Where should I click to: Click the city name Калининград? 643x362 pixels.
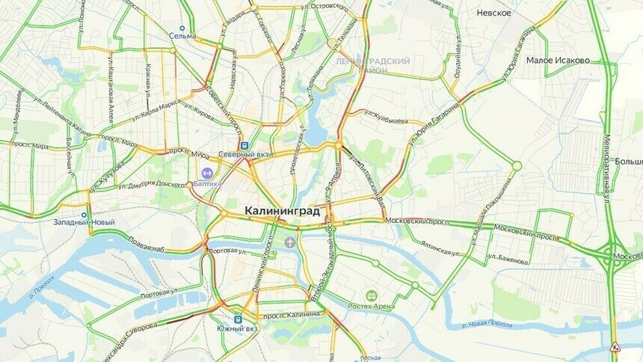(x=282, y=212)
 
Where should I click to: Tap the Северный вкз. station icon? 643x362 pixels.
(x=244, y=145)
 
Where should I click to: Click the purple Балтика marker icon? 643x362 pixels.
(x=207, y=173)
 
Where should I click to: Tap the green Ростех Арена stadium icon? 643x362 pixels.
(x=371, y=295)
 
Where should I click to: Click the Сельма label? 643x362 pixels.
(x=182, y=36)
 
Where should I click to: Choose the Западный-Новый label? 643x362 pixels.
(x=84, y=222)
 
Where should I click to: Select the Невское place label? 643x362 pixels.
(x=493, y=13)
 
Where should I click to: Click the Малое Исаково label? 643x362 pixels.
(x=558, y=60)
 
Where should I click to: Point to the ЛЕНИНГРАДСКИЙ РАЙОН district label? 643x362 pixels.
(x=372, y=65)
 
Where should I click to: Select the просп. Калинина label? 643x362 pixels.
(x=292, y=315)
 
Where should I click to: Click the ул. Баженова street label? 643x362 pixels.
(x=508, y=259)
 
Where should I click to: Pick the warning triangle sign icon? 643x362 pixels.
(x=615, y=346)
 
